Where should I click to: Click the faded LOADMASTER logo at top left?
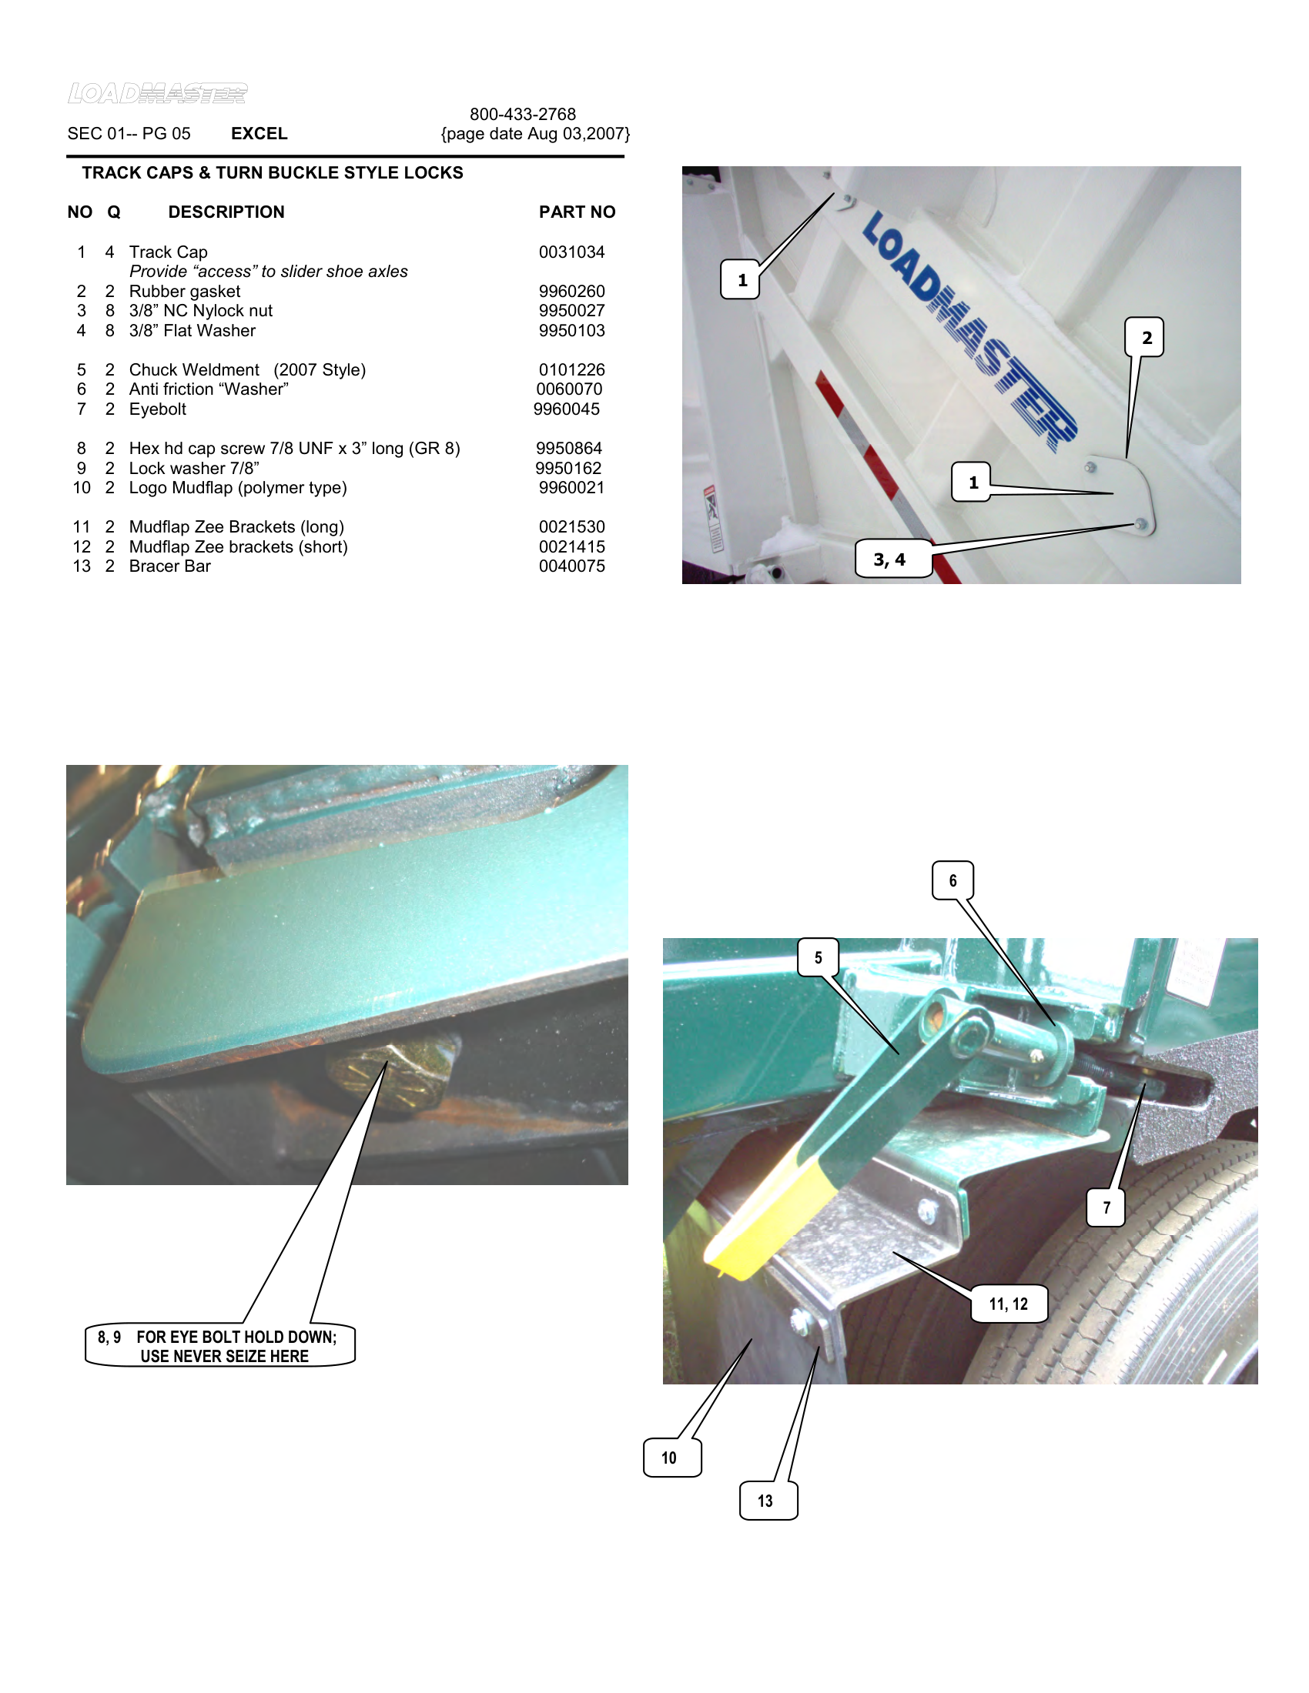[x=157, y=93]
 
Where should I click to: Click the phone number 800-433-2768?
[x=523, y=114]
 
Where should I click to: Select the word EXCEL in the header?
[x=259, y=133]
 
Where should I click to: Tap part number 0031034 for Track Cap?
[x=571, y=252]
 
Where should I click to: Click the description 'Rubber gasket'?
[x=185, y=292]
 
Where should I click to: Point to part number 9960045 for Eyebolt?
[x=566, y=409]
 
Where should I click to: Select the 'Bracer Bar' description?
[x=170, y=566]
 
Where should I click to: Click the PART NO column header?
[x=577, y=212]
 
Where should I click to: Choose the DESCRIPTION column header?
[x=226, y=212]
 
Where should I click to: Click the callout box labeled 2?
[x=1144, y=337]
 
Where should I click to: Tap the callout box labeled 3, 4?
[x=892, y=559]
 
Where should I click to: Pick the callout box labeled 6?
[x=952, y=880]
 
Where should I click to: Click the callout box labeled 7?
[x=1106, y=1207]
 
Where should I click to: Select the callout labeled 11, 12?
[x=1009, y=1304]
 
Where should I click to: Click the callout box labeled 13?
[x=768, y=1500]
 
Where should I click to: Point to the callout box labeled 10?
[x=671, y=1458]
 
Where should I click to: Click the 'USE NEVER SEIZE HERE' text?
[x=225, y=1356]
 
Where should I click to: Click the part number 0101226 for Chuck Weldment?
[x=571, y=369]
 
